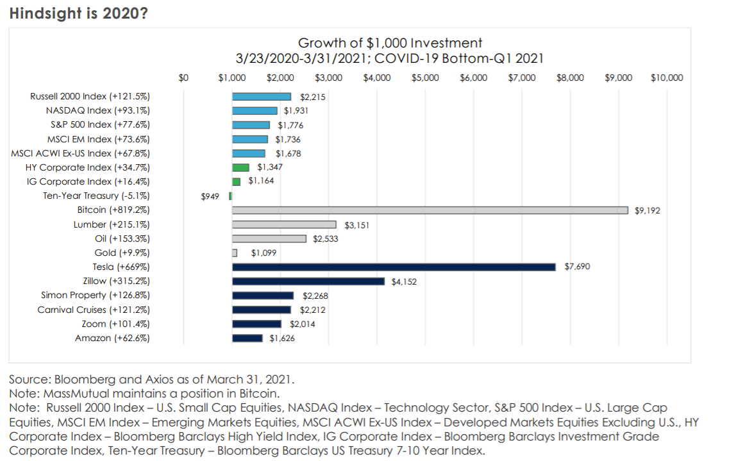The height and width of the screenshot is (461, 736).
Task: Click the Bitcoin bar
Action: [x=430, y=210]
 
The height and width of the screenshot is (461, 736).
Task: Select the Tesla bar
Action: [x=394, y=267]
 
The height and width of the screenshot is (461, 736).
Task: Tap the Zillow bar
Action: [x=308, y=281]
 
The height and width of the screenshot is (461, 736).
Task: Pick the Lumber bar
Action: [x=284, y=224]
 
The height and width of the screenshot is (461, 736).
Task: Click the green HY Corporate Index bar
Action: [x=240, y=167]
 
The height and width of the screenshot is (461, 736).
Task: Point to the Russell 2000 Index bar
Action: [x=262, y=97]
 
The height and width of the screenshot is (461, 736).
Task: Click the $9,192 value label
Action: [x=647, y=210]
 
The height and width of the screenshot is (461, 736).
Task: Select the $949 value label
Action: [x=210, y=196]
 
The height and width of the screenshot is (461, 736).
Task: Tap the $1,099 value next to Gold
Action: [x=263, y=253]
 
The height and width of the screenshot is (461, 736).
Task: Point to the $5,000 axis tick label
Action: [x=425, y=78]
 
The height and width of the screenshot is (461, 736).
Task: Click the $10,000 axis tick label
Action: [x=667, y=78]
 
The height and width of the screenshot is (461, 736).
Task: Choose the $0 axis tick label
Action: [x=184, y=78]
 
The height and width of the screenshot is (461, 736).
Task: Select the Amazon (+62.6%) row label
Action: [x=112, y=338]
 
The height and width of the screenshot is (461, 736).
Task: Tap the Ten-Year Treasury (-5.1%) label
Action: [x=96, y=196]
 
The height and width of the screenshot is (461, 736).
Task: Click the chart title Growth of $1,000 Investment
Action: [x=390, y=44]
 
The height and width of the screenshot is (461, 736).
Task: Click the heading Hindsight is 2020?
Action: [x=78, y=13]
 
